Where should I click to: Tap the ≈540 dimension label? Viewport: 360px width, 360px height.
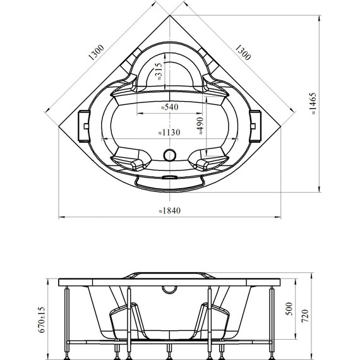coord(169,107)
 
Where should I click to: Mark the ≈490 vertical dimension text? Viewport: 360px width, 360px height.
coord(199,126)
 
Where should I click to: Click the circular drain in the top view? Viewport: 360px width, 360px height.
coord(169,154)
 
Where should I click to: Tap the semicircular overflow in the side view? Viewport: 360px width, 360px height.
coord(169,289)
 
